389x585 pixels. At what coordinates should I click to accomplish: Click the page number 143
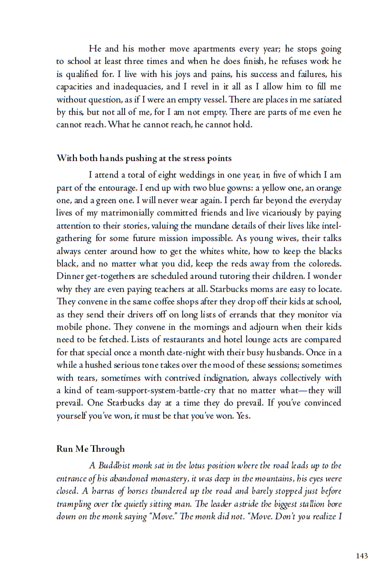coord(362,555)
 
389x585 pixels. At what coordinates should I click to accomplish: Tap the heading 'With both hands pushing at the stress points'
coord(144,158)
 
